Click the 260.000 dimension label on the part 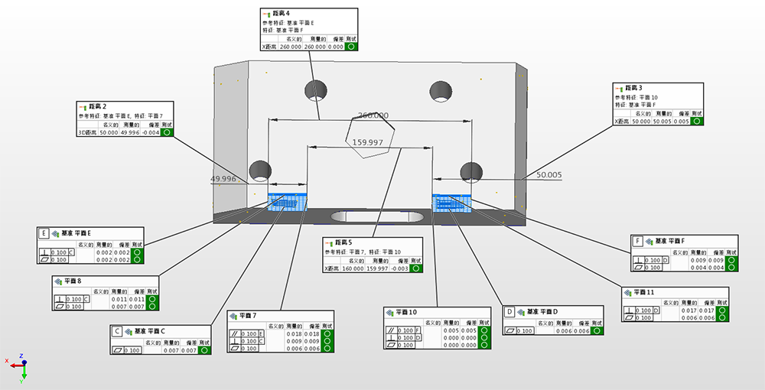point(373,115)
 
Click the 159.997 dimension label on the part point(367,142)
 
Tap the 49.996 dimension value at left point(223,179)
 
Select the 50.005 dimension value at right point(549,175)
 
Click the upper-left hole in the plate point(314,89)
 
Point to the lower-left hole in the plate point(261,170)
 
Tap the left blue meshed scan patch point(288,202)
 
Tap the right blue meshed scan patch point(452,202)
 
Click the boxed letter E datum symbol point(44,233)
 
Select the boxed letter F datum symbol point(637,242)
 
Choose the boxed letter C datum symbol point(117,332)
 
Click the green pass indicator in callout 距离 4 point(351,47)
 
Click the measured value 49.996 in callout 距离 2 point(130,132)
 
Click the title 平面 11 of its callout point(644,292)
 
